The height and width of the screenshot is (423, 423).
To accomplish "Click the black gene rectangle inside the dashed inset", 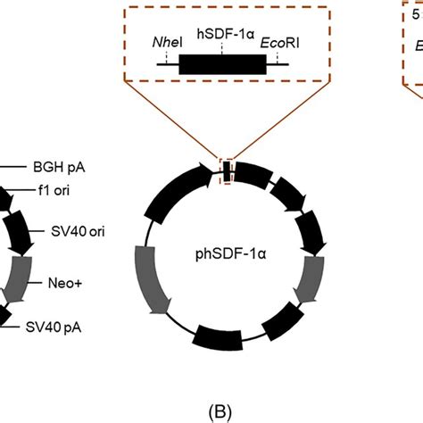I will (x=222, y=65).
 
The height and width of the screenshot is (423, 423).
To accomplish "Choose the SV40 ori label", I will (x=64, y=230).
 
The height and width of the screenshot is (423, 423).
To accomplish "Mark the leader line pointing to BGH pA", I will (x=13, y=166).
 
